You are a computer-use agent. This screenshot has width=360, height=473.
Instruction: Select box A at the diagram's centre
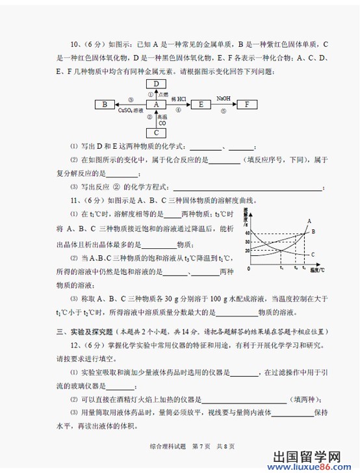click(156, 104)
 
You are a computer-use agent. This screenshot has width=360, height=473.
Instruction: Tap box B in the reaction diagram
click(104, 104)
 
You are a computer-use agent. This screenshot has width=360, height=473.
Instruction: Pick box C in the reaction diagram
click(156, 132)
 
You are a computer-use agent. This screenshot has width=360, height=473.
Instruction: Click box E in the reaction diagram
click(202, 104)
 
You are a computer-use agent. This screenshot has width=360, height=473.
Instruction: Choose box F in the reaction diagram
click(246, 104)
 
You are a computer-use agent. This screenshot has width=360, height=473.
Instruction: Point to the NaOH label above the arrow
click(224, 97)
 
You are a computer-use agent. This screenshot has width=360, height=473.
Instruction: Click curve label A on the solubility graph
click(308, 222)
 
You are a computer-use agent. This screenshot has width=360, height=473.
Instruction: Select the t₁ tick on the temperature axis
click(281, 268)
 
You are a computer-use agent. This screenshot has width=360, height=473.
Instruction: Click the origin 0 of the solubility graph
click(248, 268)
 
